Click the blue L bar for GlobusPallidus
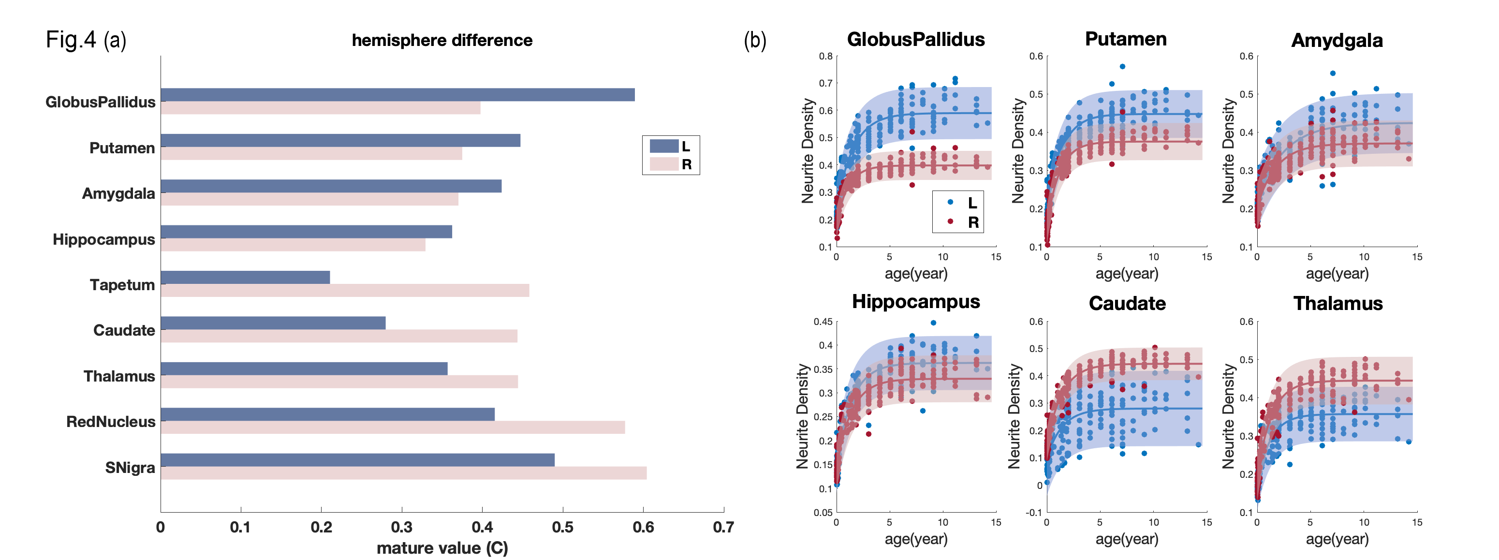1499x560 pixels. click(397, 95)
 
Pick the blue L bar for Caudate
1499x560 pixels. click(273, 323)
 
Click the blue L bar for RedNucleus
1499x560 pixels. click(328, 414)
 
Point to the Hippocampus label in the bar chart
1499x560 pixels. click(103, 239)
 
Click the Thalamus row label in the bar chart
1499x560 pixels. click(119, 376)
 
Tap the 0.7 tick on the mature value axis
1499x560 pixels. click(723, 528)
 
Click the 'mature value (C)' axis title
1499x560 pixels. click(442, 548)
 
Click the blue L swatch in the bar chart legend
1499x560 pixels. click(664, 146)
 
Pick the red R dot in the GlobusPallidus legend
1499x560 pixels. click(950, 221)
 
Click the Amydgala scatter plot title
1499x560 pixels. click(1337, 40)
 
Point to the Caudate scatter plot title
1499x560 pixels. click(1127, 303)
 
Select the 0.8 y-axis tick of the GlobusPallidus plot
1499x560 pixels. click(826, 57)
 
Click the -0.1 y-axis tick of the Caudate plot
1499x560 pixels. click(1034, 512)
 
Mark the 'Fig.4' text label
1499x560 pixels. click(71, 40)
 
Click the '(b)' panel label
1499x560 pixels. click(755, 40)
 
